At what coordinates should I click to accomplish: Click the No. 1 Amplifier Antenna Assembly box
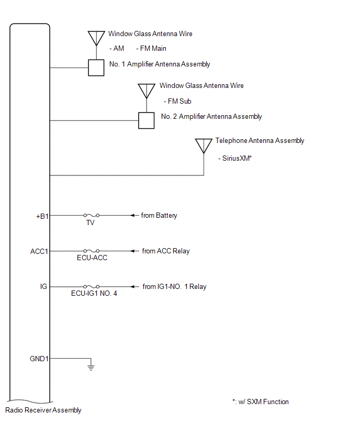96,68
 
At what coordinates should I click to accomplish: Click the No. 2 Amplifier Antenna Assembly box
146,120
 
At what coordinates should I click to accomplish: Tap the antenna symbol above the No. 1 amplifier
96,38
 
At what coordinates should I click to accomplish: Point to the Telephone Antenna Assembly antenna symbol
204,146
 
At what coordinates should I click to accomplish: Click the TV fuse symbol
92,215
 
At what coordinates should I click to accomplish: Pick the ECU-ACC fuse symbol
92,251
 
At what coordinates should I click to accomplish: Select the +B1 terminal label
42,215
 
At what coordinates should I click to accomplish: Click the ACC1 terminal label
39,251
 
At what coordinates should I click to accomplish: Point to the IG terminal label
43,287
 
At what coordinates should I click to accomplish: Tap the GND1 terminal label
39,359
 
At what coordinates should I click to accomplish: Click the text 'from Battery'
159,215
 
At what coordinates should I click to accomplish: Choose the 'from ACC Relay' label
166,251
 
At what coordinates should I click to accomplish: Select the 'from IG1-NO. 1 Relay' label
174,287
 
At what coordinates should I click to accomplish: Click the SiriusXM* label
235,157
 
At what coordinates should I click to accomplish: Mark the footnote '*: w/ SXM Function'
261,402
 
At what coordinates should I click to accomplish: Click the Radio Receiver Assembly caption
43,410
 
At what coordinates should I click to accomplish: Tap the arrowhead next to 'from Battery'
133,215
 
